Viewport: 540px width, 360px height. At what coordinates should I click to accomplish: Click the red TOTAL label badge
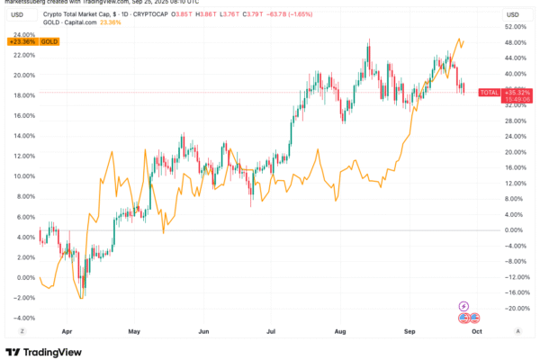click(489, 93)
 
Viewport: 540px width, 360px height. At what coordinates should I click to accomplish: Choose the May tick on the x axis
click(135, 331)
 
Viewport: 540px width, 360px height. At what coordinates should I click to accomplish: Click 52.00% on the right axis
click(516, 27)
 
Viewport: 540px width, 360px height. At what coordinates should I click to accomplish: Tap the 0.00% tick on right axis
click(516, 230)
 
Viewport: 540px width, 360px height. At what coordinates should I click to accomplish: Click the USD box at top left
click(18, 15)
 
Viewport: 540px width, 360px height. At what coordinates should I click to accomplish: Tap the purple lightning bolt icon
click(464, 305)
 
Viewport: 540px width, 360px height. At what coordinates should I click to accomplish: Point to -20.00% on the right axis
click(516, 309)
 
